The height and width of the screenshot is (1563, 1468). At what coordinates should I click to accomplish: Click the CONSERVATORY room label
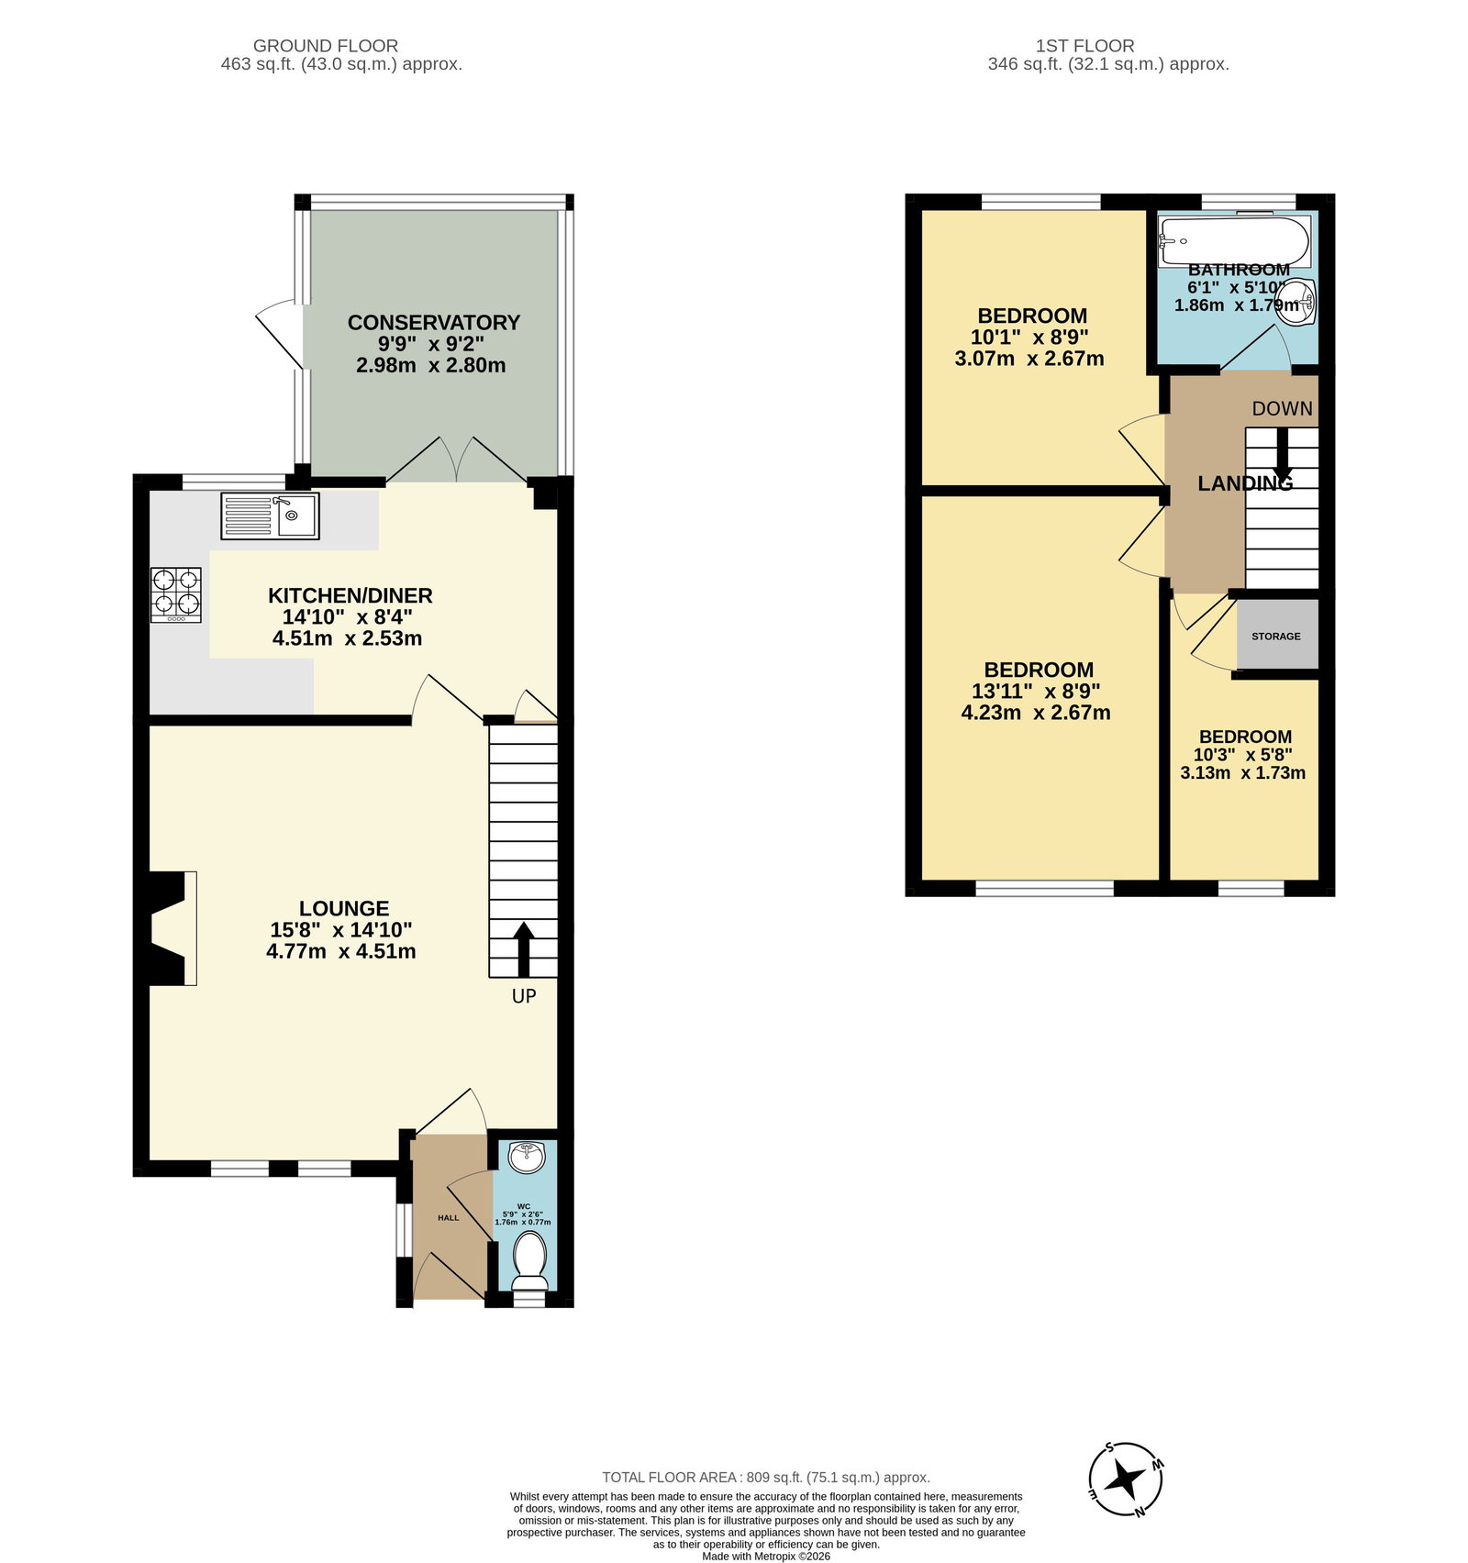click(433, 323)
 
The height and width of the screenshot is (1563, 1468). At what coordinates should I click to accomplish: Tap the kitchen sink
click(270, 515)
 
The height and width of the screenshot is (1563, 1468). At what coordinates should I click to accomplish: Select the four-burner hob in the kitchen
click(176, 595)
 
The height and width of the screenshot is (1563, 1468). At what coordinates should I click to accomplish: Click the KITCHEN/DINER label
click(350, 595)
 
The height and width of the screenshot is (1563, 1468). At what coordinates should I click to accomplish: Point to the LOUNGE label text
click(344, 908)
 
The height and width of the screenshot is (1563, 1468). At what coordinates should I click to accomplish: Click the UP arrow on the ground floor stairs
click(524, 948)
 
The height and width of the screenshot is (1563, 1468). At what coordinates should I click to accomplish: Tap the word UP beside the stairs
click(524, 996)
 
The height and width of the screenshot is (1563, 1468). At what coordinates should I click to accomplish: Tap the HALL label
click(449, 1218)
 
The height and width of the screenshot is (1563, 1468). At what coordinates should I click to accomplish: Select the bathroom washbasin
click(1301, 301)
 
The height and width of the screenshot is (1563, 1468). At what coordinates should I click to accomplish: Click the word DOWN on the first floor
click(1282, 409)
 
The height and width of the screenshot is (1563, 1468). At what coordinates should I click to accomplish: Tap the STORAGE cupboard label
click(1276, 636)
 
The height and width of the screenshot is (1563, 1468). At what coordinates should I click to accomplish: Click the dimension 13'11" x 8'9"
click(1036, 691)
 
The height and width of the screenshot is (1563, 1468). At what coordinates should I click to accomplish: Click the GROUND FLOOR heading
click(326, 46)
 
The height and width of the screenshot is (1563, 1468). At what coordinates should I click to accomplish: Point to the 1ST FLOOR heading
click(1085, 46)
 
